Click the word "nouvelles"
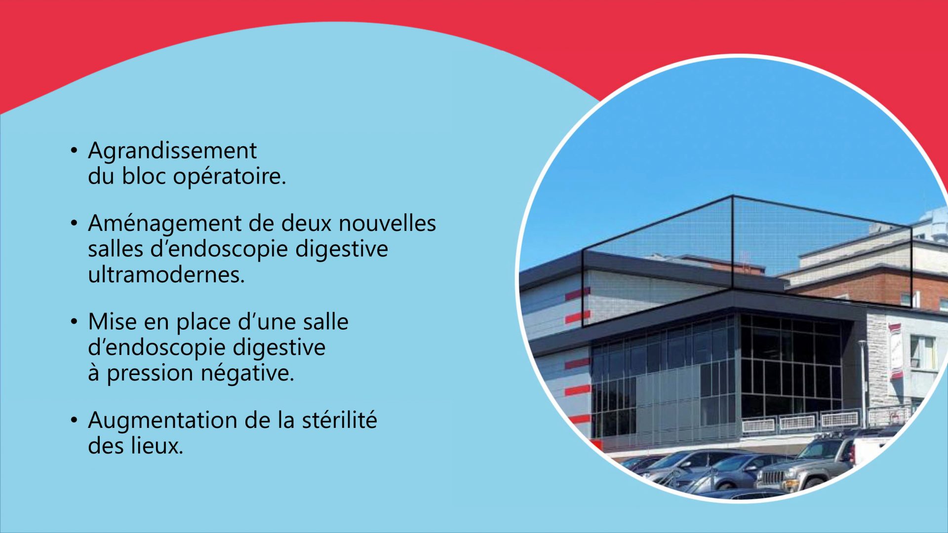(387, 223)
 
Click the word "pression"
(150, 374)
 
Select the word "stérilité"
(339, 420)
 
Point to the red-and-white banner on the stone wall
(895, 351)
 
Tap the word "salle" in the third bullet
(326, 322)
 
